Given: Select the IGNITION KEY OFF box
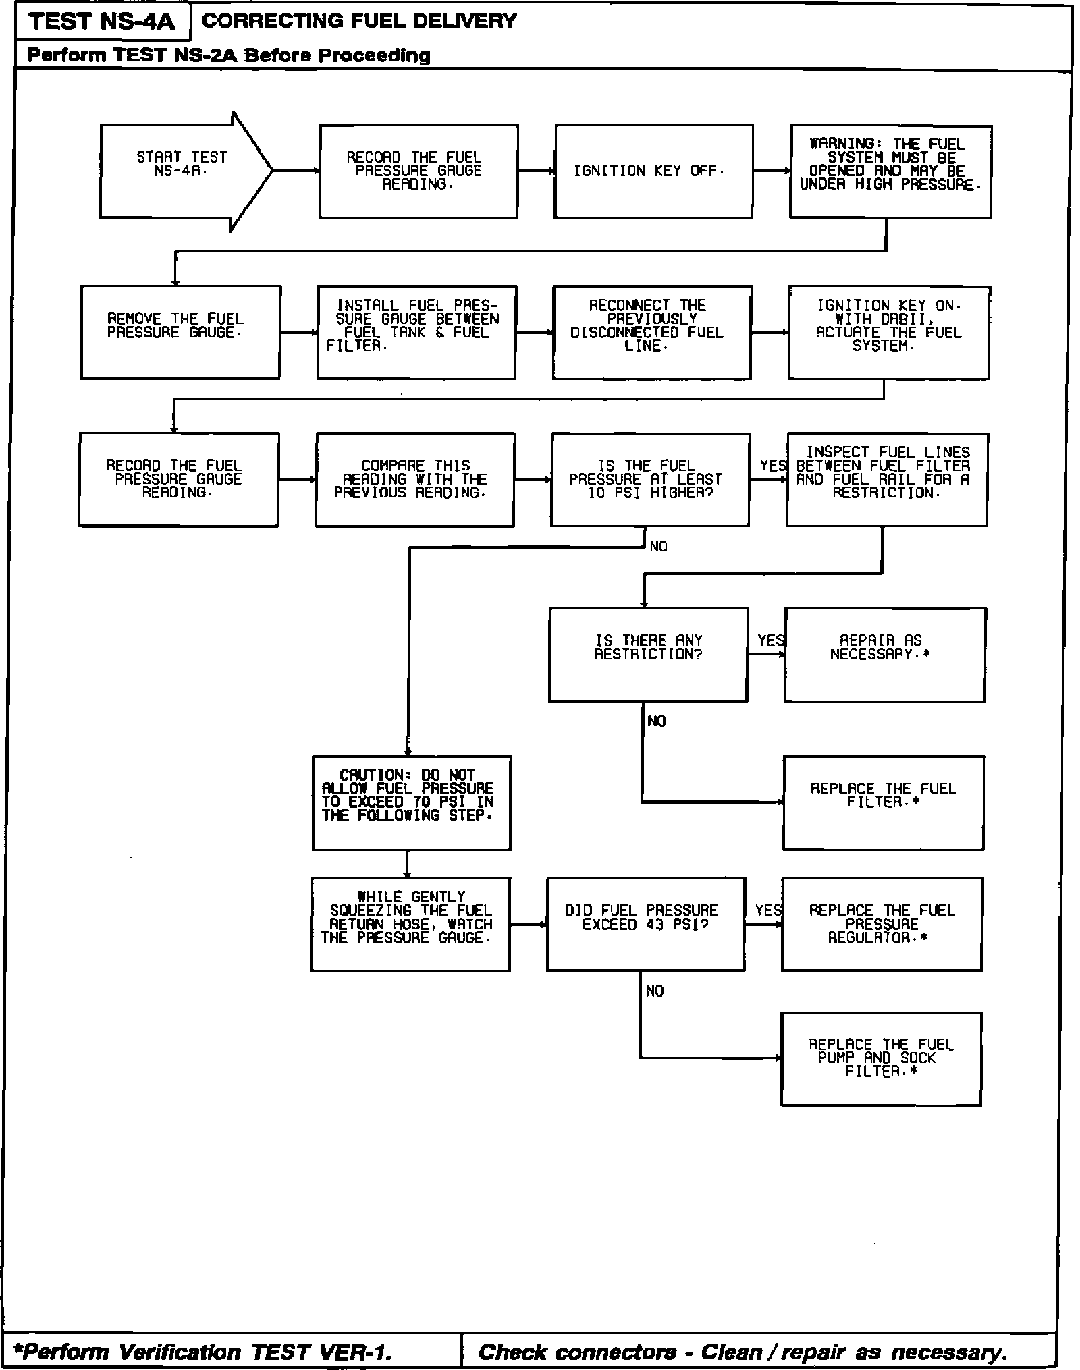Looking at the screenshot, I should [x=653, y=171].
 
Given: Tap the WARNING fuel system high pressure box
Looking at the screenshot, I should [x=890, y=171].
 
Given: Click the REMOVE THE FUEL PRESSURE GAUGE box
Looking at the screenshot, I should [x=180, y=332].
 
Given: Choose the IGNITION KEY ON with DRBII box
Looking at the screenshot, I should [x=889, y=332].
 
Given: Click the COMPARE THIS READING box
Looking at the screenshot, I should [x=414, y=479].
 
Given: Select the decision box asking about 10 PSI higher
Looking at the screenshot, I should [x=650, y=479].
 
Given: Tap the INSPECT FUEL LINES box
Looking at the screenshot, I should [x=887, y=479].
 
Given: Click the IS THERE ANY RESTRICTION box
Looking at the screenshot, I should [x=648, y=654].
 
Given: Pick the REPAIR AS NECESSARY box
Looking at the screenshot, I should [x=885, y=654].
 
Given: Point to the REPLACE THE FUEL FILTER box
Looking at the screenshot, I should [x=884, y=802].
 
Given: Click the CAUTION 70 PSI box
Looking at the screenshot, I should [x=412, y=802].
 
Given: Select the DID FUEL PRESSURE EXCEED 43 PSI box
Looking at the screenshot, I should [x=646, y=924].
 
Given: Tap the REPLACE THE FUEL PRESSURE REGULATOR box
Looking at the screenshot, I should [x=882, y=924].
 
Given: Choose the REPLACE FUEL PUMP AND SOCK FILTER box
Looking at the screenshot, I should [x=881, y=1059].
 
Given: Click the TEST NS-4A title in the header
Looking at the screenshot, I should [x=102, y=22].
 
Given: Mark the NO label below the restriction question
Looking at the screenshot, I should [x=656, y=721].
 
